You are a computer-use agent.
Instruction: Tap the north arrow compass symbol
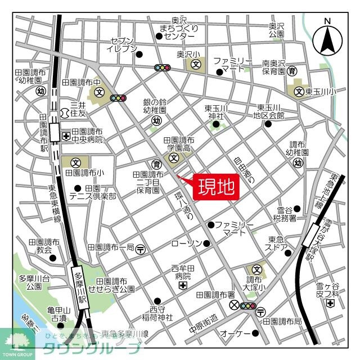click(328, 38)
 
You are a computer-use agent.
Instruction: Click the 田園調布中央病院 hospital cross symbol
click(66, 136)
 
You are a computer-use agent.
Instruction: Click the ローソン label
click(186, 243)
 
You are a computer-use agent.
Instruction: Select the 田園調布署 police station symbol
click(235, 305)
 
